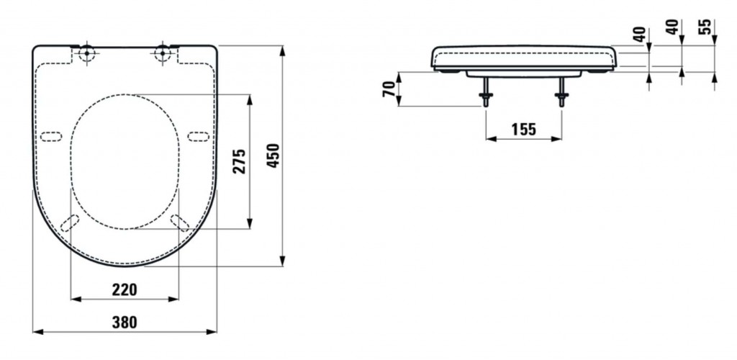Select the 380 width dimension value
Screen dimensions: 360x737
124,323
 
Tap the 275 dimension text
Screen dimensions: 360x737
240,161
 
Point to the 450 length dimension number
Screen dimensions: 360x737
273,156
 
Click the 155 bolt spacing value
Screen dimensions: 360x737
523,129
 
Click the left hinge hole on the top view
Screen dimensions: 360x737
86,53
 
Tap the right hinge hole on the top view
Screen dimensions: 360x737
163,53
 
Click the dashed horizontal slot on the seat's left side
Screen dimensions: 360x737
51,137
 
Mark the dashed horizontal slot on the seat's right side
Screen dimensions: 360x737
198,137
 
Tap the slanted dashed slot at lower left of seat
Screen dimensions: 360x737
70,223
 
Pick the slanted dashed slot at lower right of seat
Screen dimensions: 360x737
180,222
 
